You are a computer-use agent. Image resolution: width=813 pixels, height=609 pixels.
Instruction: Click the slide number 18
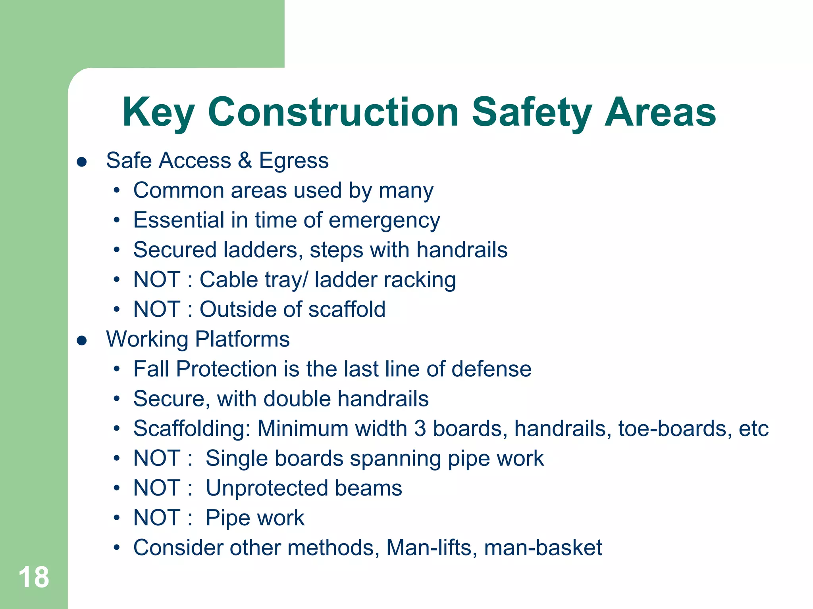34,577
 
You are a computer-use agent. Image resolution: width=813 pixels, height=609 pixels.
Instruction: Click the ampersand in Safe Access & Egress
245,161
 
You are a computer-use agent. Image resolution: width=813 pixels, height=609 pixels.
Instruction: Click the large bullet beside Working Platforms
82,341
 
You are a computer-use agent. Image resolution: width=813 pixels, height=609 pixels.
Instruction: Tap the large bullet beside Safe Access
82,162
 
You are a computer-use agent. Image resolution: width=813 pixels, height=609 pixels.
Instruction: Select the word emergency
384,221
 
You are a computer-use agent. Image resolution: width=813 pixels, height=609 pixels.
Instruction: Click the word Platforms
242,339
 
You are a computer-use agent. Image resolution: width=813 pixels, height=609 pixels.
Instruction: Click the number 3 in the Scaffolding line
420,429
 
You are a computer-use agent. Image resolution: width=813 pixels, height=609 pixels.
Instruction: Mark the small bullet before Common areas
116,191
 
